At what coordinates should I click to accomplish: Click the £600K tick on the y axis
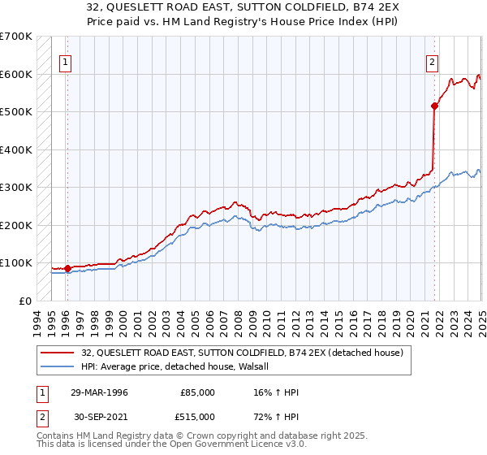click(16, 74)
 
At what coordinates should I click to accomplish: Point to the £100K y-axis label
click(16, 262)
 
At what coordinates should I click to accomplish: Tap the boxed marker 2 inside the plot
click(433, 61)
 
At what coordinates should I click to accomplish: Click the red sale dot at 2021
click(434, 106)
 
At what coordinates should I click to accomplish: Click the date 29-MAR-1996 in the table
click(100, 392)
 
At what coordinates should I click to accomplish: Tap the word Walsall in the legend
click(263, 366)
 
